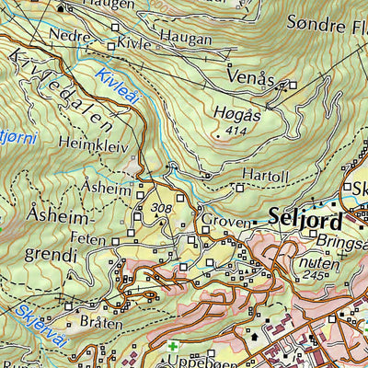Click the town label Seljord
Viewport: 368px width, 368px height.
(x=305, y=221)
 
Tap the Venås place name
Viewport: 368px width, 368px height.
(x=250, y=75)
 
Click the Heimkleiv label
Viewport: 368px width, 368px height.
(x=90, y=144)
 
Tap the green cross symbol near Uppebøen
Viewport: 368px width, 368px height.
(x=172, y=347)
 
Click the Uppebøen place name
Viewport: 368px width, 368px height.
(x=193, y=362)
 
